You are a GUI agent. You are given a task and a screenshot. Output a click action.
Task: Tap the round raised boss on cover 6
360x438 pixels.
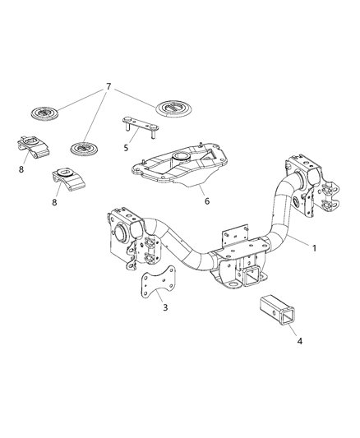[x=182, y=154]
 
